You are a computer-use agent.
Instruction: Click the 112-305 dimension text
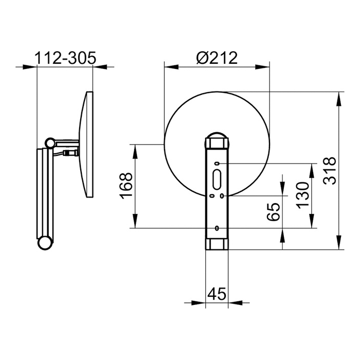[65, 58]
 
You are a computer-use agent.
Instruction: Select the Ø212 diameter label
[217, 58]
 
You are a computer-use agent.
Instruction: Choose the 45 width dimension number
[217, 294]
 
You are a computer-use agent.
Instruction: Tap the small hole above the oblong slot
[217, 164]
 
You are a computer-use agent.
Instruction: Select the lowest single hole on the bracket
[217, 228]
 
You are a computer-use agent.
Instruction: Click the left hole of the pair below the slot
[211, 196]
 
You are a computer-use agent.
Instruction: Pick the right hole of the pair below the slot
[222, 196]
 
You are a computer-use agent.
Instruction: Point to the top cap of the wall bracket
[217, 140]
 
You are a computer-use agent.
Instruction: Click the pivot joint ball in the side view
[50, 142]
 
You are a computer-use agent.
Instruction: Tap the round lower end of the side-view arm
[45, 243]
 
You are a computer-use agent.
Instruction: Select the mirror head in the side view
[86, 145]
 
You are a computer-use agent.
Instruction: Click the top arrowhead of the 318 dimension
[339, 97]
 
